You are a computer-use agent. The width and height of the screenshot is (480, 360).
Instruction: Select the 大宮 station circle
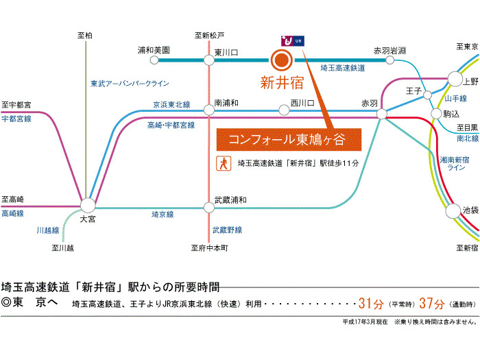click(x=88, y=205)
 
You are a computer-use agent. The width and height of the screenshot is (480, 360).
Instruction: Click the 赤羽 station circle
click(x=382, y=115)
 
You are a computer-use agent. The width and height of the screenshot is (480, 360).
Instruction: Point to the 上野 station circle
click(x=455, y=78)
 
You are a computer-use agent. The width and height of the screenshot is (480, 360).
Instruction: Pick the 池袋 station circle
click(x=453, y=211)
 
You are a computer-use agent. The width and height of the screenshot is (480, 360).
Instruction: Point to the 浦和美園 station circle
click(x=155, y=60)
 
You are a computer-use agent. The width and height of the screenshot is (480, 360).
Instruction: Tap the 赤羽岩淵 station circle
click(x=389, y=60)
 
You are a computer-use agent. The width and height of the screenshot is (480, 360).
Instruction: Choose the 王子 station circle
click(x=427, y=95)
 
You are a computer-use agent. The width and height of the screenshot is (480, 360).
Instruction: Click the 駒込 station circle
click(x=435, y=113)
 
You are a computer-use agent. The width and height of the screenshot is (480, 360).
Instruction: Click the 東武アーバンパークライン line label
click(x=129, y=84)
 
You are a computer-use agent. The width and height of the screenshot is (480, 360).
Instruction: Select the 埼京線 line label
click(x=163, y=215)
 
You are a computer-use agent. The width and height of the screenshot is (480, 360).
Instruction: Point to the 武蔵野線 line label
click(x=227, y=230)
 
